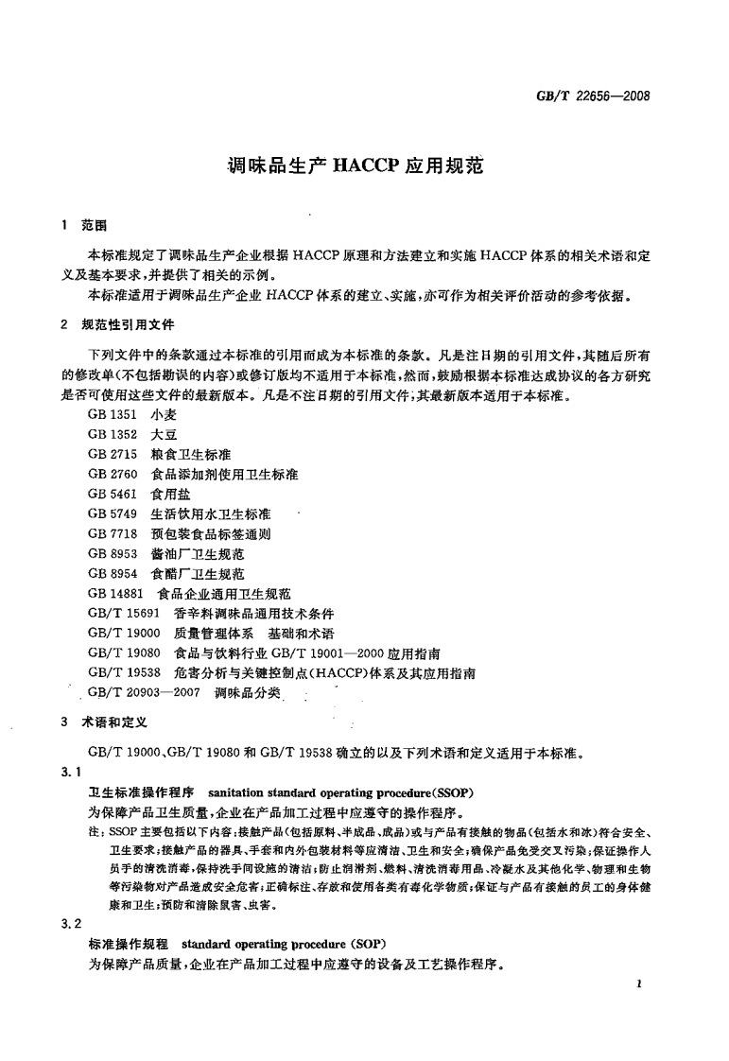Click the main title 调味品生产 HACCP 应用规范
356,166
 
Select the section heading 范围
95,227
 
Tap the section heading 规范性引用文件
129,324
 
